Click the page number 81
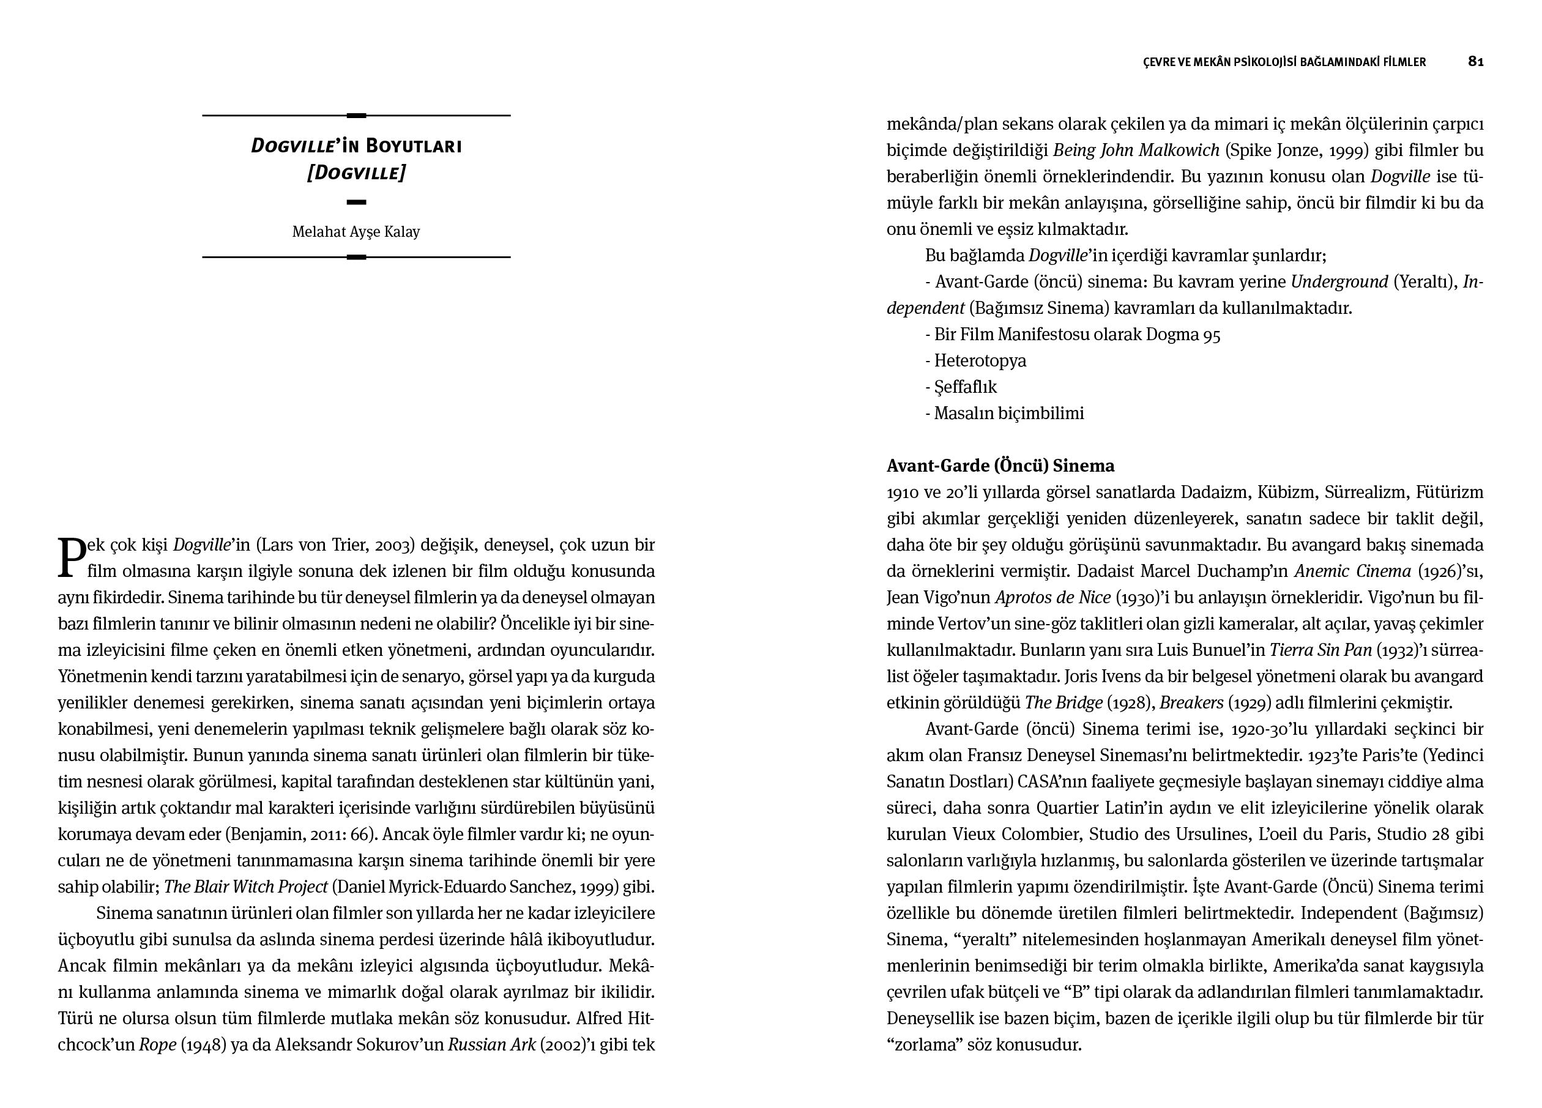1475,62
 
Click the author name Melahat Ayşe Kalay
356,232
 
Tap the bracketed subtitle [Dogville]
356,173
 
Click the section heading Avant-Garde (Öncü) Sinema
1000,466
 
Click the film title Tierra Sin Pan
1320,650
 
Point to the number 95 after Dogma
1211,335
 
